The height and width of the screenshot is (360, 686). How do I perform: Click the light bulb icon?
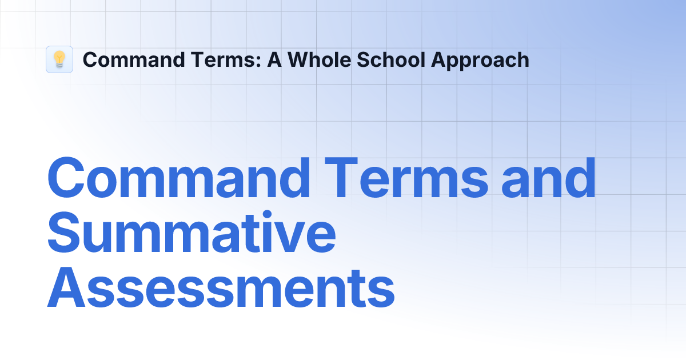[59, 59]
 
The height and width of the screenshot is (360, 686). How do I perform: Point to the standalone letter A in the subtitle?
[274, 59]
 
